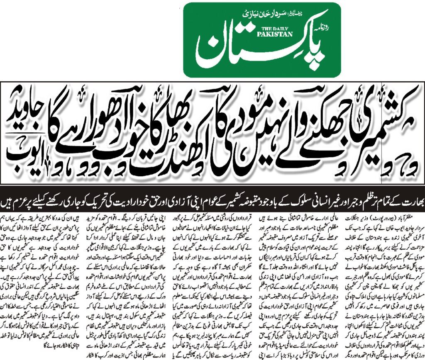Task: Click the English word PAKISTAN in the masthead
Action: pyautogui.click(x=277, y=34)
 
